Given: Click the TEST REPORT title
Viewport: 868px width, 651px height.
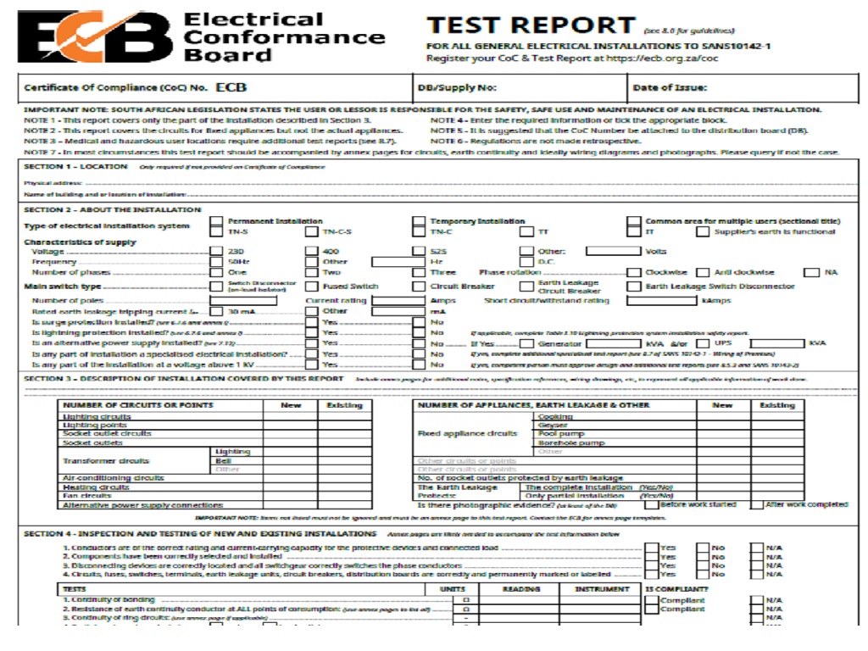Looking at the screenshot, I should [531, 25].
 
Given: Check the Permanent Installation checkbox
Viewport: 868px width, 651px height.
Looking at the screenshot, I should [216, 221].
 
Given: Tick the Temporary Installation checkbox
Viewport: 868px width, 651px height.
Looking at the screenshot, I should [419, 221].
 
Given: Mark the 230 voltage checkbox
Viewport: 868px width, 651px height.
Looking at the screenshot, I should [216, 252].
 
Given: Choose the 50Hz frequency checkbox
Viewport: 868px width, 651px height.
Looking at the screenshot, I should [216, 262].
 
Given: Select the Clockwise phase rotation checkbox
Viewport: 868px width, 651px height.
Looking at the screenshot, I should [634, 272].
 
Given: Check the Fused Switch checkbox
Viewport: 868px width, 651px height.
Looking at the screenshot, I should [312, 287].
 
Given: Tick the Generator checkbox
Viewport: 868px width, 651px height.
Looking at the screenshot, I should [526, 344].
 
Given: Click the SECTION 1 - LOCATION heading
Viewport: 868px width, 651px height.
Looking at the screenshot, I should [75, 167].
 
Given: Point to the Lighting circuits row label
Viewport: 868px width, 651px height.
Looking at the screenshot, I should [97, 417].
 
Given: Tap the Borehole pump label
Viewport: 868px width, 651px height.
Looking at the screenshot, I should [571, 442].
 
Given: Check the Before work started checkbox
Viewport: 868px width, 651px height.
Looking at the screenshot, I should [650, 504].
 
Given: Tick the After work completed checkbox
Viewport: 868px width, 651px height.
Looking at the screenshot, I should [757, 504].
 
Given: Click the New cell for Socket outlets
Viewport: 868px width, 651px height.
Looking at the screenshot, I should [291, 442].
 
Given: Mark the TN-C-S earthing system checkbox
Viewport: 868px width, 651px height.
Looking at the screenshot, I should [312, 231].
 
